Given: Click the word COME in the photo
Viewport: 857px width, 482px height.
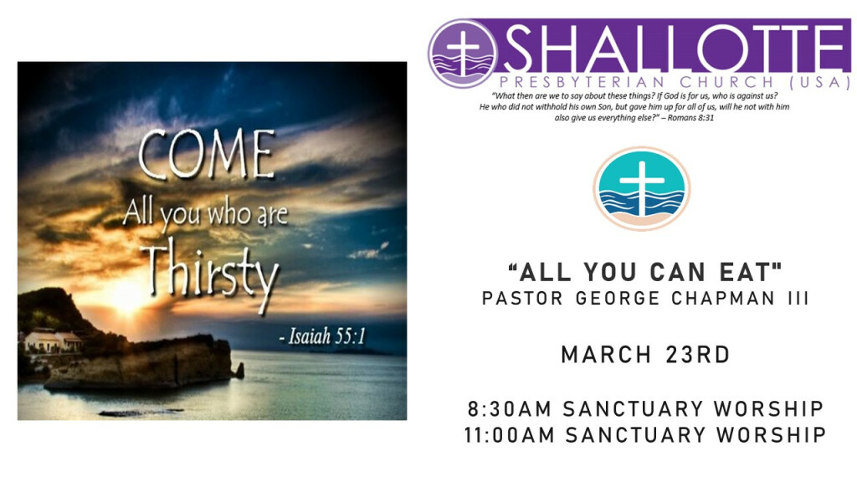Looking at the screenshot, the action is click(x=207, y=154).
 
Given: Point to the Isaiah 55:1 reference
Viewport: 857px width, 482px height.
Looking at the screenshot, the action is click(x=321, y=336).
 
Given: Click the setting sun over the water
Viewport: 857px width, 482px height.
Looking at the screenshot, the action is click(x=127, y=298).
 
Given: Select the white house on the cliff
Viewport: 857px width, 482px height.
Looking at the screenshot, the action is click(x=53, y=341).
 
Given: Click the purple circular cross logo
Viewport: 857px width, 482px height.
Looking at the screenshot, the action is click(x=463, y=54).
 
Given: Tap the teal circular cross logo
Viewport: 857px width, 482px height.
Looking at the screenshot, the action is click(x=642, y=188).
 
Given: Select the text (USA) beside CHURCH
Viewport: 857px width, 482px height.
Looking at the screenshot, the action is click(x=821, y=83).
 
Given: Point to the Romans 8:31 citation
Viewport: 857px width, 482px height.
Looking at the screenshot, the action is click(x=690, y=117).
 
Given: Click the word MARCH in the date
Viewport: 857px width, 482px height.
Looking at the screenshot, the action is click(x=606, y=355).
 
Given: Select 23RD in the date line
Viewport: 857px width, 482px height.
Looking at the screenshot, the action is click(x=698, y=355).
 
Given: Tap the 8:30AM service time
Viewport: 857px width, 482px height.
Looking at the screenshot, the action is click(x=510, y=408).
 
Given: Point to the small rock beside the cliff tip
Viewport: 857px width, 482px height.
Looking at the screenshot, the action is click(x=239, y=371).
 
